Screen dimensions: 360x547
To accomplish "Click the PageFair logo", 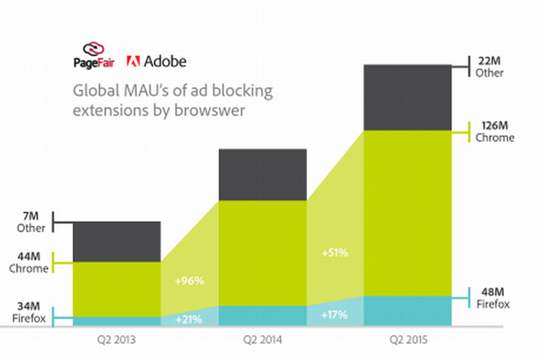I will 94,57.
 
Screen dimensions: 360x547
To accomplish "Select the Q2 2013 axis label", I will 116,340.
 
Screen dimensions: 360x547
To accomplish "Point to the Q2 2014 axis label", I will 262,340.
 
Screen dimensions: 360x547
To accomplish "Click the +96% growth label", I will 188,280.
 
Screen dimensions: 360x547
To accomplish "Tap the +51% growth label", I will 334,253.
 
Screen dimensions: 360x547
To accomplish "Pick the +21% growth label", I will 188,319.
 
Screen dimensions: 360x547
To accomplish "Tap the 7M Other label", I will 31,222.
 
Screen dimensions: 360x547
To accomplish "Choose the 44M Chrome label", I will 31,262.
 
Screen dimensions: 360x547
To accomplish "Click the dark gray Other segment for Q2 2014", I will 263,174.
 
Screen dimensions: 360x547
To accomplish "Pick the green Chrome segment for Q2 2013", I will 116,289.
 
